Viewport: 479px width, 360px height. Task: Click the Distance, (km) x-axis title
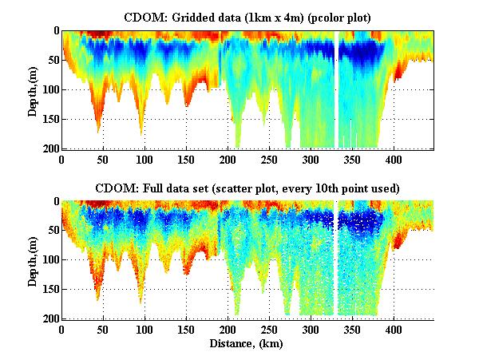(249, 345)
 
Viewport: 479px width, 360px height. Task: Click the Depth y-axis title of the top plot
(33, 89)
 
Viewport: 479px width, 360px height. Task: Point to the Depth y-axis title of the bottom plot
(33, 259)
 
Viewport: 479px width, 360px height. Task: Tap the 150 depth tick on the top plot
(49, 119)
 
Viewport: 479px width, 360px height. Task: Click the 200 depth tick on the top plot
(49, 148)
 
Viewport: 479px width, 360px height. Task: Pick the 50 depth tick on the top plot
(52, 60)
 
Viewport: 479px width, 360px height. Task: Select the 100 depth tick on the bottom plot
(49, 260)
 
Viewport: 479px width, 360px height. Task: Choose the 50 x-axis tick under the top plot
(103, 159)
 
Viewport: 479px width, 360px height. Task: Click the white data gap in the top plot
(338, 88)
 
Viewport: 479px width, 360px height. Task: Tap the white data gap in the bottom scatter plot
(338, 255)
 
